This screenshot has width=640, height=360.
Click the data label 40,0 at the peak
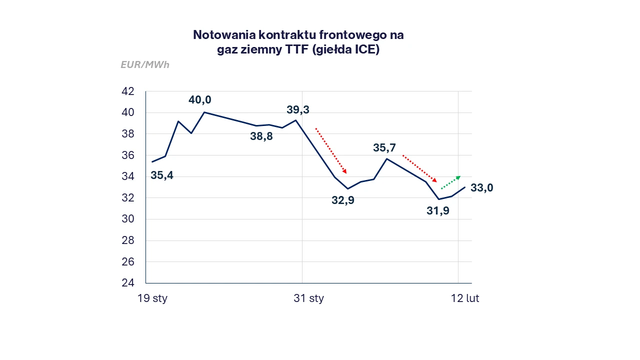click(199, 100)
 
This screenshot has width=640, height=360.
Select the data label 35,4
click(162, 175)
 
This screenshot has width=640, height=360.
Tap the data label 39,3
click(297, 109)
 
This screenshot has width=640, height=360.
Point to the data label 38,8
click(261, 136)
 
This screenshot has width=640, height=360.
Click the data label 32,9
click(343, 200)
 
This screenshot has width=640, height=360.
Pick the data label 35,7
click(384, 148)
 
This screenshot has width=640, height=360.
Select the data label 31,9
click(438, 211)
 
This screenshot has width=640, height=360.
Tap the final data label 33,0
click(482, 188)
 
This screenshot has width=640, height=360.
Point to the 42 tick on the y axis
click(127, 91)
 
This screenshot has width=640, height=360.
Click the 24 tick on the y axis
click(127, 283)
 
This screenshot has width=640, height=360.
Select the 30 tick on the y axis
click(127, 219)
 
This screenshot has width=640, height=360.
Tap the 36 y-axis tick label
click(127, 155)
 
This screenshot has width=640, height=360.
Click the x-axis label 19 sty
click(152, 299)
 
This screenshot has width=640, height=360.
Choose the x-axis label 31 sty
click(308, 299)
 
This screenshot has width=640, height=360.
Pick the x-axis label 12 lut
click(465, 299)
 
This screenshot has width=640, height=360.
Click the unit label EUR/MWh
click(145, 65)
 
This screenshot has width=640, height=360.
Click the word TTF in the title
click(295, 50)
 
